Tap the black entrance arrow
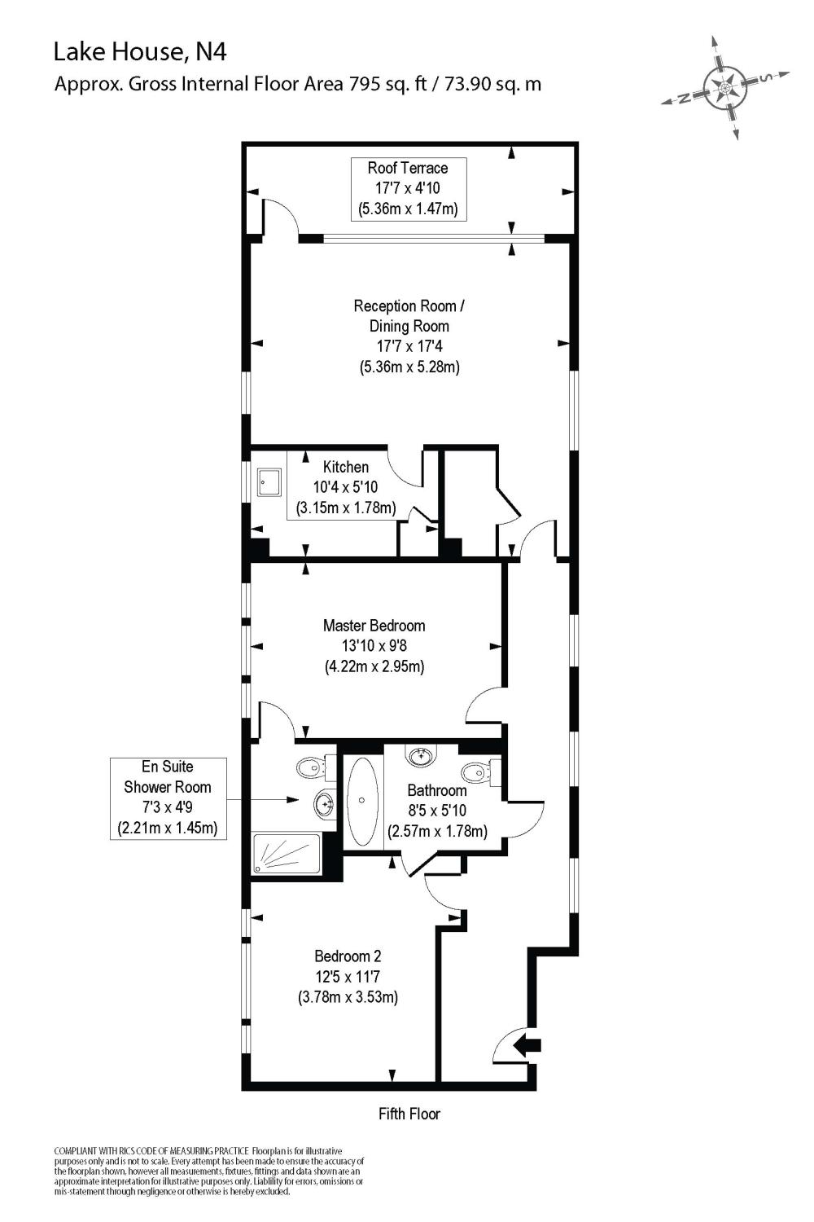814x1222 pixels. [529, 1044]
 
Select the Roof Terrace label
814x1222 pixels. [408, 168]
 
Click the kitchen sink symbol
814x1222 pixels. [269, 481]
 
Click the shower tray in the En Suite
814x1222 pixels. [286, 853]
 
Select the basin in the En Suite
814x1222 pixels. [324, 805]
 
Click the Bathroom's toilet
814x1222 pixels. [477, 771]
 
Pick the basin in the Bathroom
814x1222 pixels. [422, 756]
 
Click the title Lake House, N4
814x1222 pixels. [140, 52]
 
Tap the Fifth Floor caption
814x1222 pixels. [409, 1114]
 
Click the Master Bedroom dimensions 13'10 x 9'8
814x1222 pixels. [374, 646]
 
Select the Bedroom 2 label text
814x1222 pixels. [348, 956]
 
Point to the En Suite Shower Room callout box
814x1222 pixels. [168, 798]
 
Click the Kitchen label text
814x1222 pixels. [346, 467]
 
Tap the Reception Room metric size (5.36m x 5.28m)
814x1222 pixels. [409, 367]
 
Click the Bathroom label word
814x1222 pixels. [437, 790]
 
